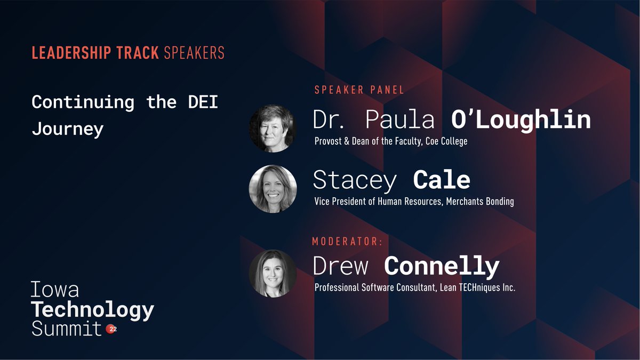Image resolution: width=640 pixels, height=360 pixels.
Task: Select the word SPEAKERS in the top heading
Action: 194,53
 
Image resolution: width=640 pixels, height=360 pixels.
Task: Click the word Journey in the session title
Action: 67,130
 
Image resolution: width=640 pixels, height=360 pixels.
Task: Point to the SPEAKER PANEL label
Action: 359,90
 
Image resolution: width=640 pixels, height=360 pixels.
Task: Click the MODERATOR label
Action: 347,242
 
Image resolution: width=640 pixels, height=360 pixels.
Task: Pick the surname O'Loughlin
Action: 521,121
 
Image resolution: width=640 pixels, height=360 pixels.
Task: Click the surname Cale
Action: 442,180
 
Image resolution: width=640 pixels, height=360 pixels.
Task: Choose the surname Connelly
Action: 442,266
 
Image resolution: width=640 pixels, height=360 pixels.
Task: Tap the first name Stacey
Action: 355,180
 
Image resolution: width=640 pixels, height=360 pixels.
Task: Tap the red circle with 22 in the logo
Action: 111,330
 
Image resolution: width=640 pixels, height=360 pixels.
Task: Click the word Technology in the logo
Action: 93,310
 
